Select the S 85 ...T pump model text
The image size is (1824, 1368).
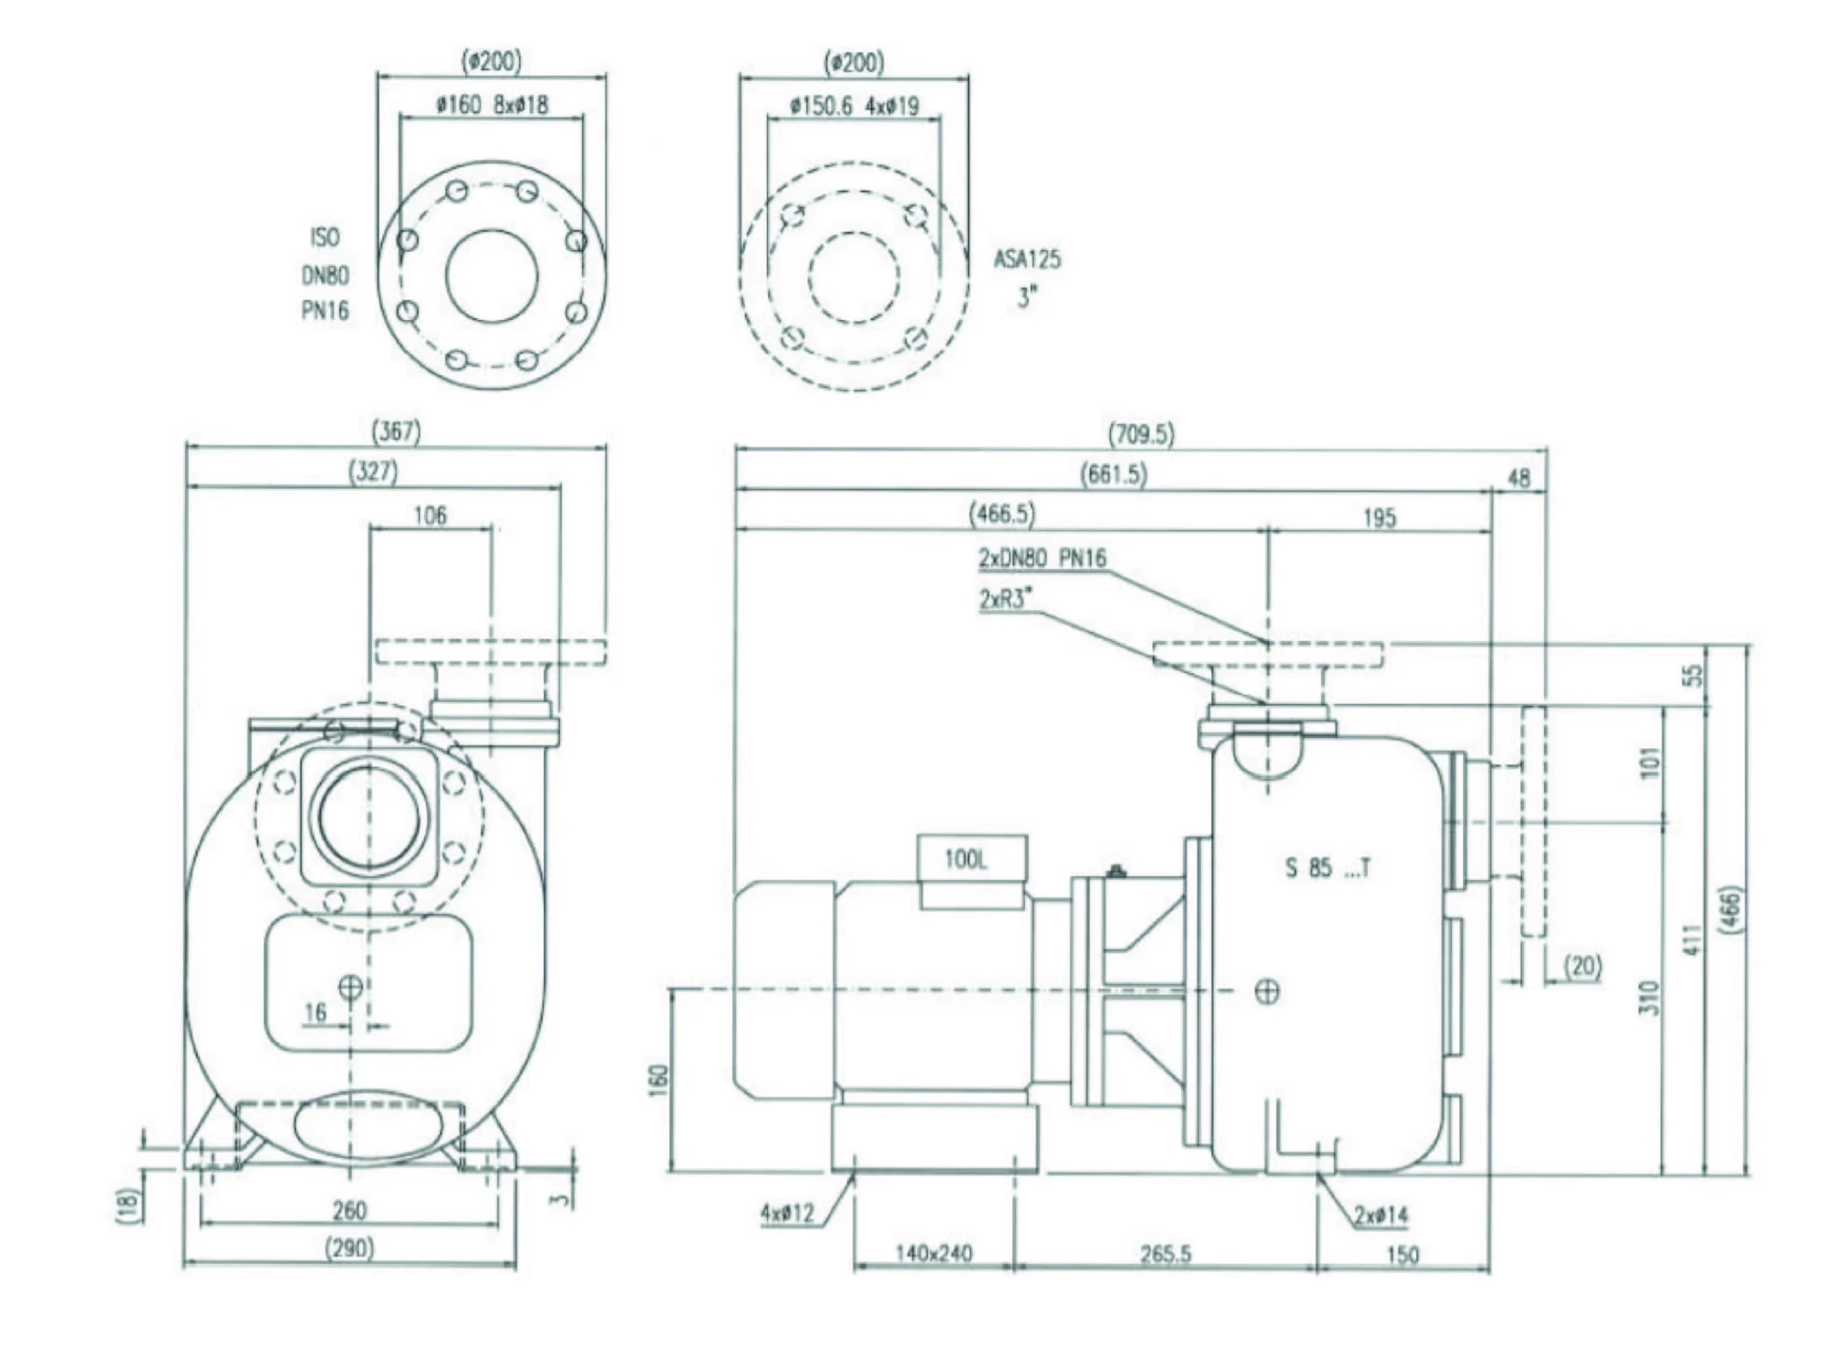tap(1327, 868)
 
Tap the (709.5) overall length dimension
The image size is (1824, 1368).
tap(1141, 434)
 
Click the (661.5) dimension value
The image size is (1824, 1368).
tap(1114, 474)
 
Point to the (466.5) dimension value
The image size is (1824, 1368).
tap(1001, 514)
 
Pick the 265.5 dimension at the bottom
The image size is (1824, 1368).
tap(1166, 1255)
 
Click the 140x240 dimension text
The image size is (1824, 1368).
tap(933, 1254)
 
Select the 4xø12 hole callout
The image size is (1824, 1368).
tap(786, 1214)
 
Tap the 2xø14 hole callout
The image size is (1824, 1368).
tap(1380, 1216)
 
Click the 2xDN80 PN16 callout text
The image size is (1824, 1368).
tap(1042, 558)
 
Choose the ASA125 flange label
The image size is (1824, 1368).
tap(1027, 260)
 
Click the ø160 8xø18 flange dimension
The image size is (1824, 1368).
tap(492, 105)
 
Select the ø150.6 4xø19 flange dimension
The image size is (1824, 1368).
tap(855, 107)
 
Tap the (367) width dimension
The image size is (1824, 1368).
tap(396, 431)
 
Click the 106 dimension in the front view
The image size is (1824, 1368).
tap(430, 516)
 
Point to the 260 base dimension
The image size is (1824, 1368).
tap(349, 1210)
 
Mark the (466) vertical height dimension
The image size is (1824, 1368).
tap(1730, 909)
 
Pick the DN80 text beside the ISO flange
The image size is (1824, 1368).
tap(325, 275)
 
